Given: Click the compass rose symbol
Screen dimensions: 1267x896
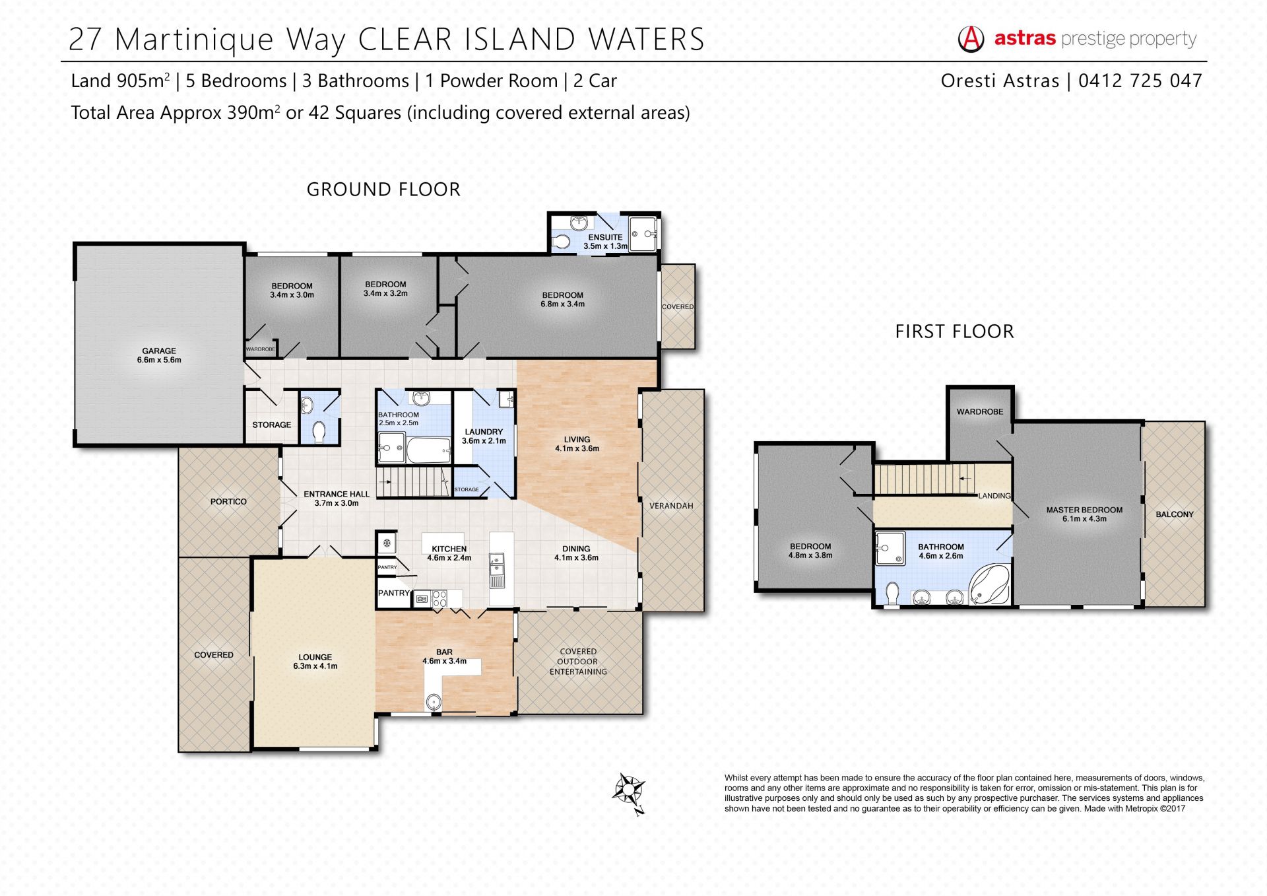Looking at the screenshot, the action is coord(629,792).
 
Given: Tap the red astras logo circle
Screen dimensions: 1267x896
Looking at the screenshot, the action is coord(971,39).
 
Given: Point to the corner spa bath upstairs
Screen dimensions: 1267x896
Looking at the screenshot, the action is coord(989,584).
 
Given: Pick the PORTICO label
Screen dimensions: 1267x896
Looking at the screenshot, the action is coord(228,502).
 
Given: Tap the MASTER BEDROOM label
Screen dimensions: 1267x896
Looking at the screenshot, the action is coord(1084,510).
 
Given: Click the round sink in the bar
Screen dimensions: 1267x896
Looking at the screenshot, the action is coord(434,703).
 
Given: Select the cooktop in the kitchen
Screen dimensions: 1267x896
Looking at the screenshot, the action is coord(439,599).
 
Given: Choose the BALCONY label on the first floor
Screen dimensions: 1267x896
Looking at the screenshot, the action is coord(1175,514).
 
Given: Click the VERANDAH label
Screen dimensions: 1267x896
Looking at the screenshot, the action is coord(671,506).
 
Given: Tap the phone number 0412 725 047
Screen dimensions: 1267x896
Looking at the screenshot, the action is coord(1140,81).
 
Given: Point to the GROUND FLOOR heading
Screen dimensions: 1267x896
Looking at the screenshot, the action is coord(383,190).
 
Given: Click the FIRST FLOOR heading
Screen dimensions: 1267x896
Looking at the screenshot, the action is coord(954,331).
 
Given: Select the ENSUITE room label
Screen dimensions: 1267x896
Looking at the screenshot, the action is coord(605,237).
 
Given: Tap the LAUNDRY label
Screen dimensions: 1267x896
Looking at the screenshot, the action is coord(484,432).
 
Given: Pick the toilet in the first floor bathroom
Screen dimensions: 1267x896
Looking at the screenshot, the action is coord(892,593).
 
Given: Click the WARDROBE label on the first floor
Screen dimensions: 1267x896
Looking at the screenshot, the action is coord(980,411).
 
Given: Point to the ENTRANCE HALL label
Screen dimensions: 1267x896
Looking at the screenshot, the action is coord(337,494).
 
